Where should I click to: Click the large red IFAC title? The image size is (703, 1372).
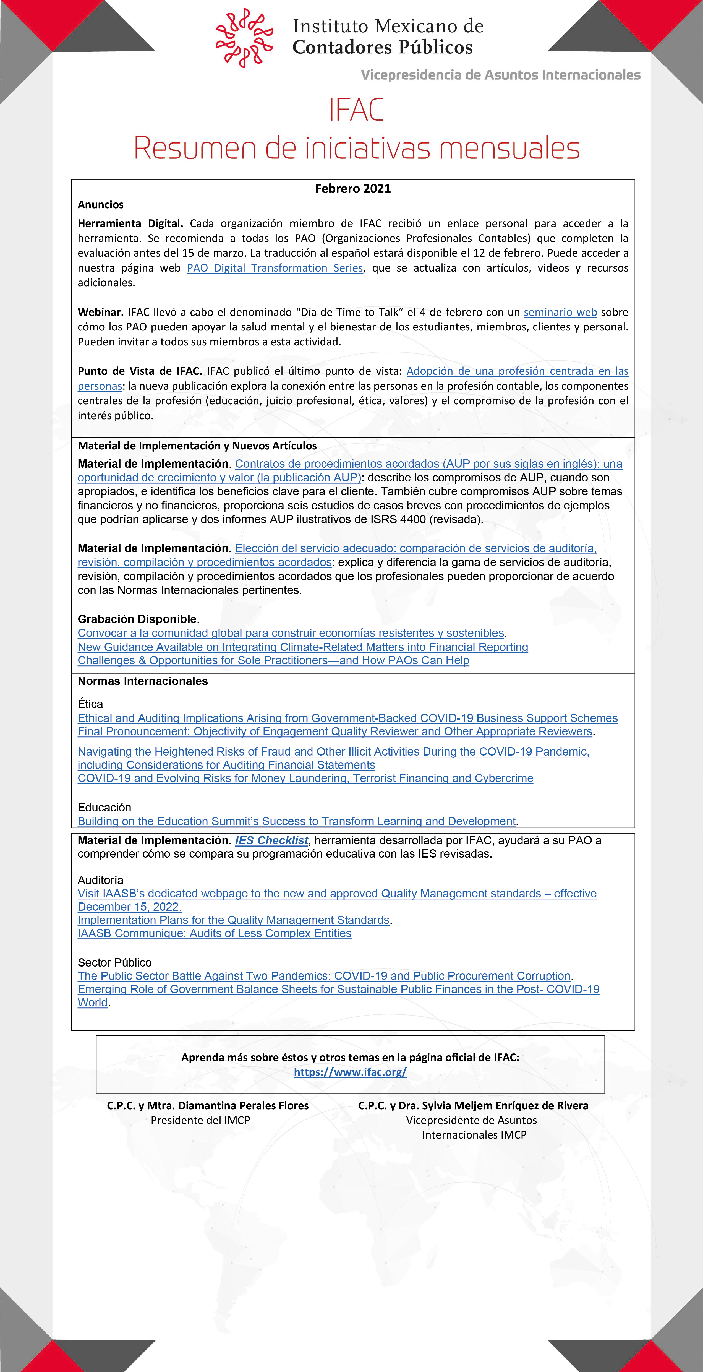pyautogui.click(x=356, y=110)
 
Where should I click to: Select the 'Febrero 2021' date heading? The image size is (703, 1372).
pyautogui.click(x=352, y=189)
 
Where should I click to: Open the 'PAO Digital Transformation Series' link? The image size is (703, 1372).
pyautogui.click(x=275, y=268)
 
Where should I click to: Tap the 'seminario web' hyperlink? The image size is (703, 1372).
pyautogui.click(x=560, y=312)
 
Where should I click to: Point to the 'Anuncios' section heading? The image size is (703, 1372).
pyautogui.click(x=101, y=205)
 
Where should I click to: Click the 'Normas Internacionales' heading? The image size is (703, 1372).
pyautogui.click(x=143, y=681)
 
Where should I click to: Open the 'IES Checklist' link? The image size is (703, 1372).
pyautogui.click(x=272, y=840)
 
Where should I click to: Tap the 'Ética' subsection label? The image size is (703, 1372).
pyautogui.click(x=90, y=704)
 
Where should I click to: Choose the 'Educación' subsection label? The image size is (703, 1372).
pyautogui.click(x=104, y=808)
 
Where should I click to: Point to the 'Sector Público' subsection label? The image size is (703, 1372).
pyautogui.click(x=114, y=962)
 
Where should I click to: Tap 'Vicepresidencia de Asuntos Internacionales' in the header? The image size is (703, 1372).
pyautogui.click(x=501, y=75)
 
